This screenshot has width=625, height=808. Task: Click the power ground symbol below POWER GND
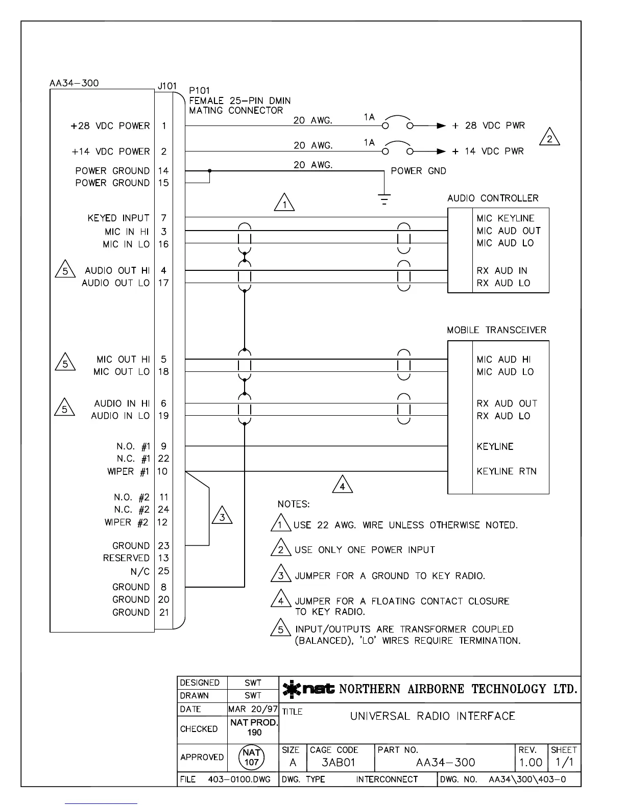(384, 198)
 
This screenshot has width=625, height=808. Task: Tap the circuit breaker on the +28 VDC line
(398, 123)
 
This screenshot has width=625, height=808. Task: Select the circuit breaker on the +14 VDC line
(398, 149)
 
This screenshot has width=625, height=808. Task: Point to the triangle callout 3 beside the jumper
(222, 516)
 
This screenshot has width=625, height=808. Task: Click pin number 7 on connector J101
(163, 218)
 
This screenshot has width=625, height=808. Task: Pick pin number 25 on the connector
(163, 571)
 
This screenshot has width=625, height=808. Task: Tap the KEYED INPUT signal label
(118, 218)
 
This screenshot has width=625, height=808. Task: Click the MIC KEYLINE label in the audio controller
(505, 218)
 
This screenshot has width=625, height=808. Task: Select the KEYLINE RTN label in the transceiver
(507, 471)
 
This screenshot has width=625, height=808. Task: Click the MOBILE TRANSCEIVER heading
(496, 330)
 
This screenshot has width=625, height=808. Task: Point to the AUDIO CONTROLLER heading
(493, 198)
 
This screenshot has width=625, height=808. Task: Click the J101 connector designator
(167, 86)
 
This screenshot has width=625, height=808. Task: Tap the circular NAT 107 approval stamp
(252, 757)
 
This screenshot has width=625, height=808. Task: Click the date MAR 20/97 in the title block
(253, 709)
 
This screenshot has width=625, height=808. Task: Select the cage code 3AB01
(338, 763)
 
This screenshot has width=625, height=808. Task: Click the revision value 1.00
(531, 763)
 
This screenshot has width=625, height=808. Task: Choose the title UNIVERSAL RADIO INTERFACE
(432, 716)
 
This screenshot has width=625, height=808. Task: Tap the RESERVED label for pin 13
(126, 558)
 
